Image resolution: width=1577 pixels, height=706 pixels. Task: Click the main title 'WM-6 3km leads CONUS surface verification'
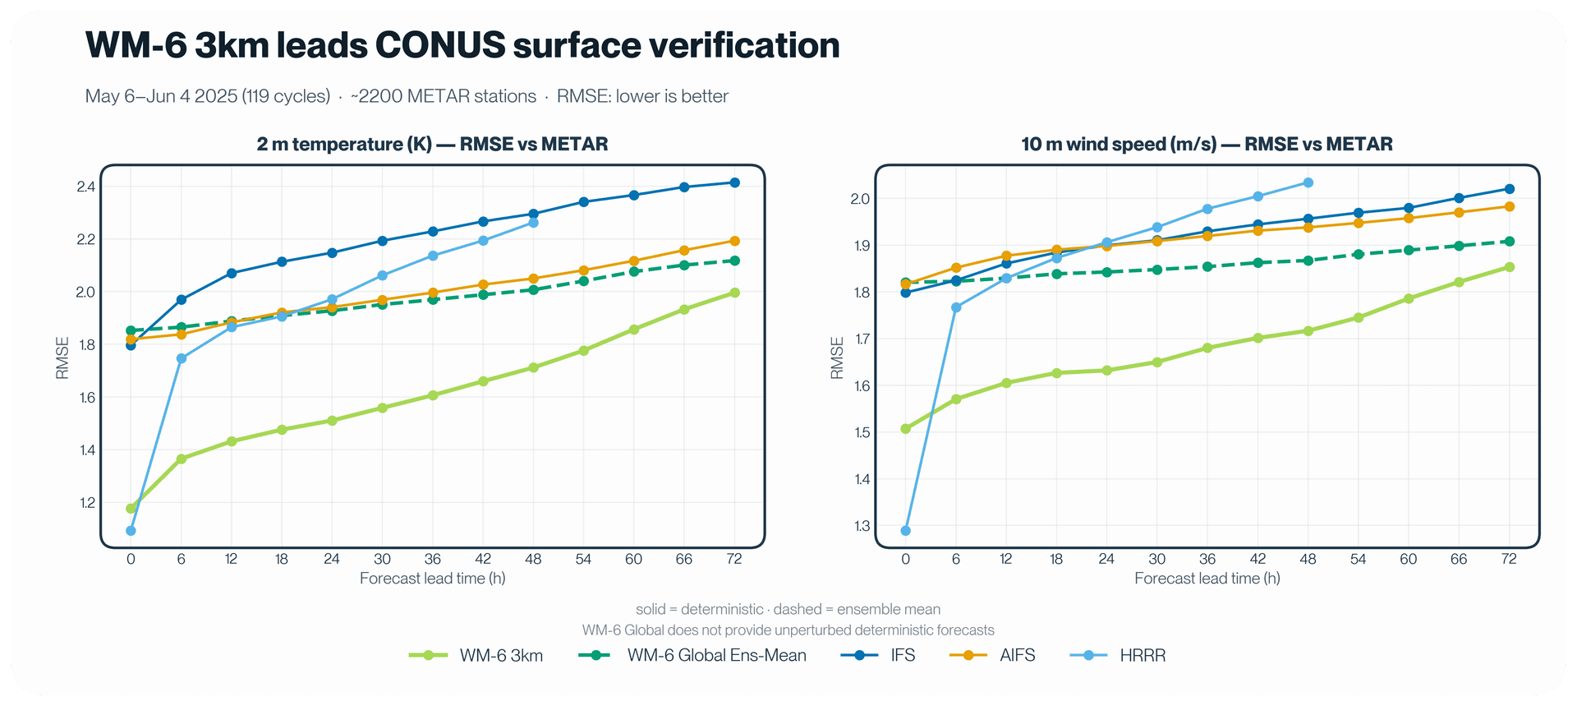[x=462, y=45]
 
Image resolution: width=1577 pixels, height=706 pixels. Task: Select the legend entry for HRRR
[x=1118, y=656]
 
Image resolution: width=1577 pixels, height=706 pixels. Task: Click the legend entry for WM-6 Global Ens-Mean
[x=692, y=656]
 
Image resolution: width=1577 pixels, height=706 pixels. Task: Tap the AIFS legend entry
[x=992, y=656]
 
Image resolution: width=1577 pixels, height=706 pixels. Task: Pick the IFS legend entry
[x=878, y=656]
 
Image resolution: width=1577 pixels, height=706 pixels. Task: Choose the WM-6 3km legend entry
[x=476, y=656]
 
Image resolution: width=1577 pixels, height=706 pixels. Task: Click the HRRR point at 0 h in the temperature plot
[x=131, y=531]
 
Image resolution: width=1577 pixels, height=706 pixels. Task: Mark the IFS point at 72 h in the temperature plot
[x=735, y=182]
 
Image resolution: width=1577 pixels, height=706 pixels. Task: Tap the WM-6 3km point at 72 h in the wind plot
[x=1510, y=267]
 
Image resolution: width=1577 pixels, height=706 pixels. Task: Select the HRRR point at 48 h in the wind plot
[x=1308, y=182]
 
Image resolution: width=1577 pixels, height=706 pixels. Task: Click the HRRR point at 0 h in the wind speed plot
[x=906, y=531]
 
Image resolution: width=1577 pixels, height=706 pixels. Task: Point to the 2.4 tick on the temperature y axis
[x=85, y=187]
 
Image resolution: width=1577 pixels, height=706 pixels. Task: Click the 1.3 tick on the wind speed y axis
[x=861, y=526]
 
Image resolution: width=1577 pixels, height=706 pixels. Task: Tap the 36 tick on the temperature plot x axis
[x=433, y=559]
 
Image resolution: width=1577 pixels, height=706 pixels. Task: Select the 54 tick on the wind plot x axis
[x=1359, y=559]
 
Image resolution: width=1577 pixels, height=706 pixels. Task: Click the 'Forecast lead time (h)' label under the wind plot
[x=1207, y=579]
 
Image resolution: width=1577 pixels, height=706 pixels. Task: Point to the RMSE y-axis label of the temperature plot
[x=62, y=358]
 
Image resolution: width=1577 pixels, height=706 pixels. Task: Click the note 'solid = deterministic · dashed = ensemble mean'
[x=788, y=610]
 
